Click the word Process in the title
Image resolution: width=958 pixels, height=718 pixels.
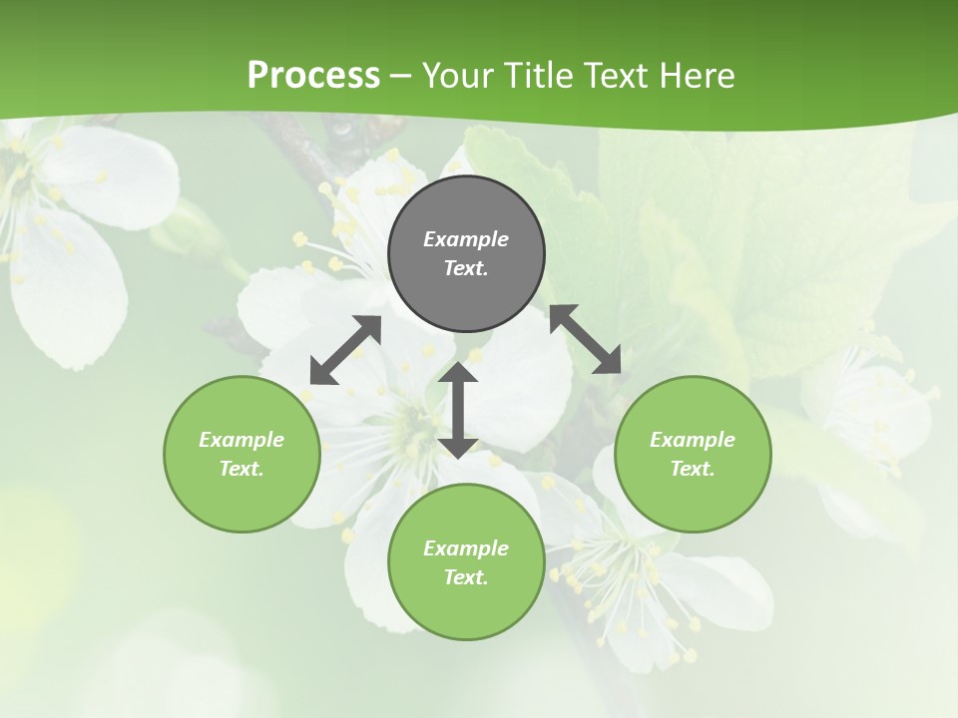pos(313,76)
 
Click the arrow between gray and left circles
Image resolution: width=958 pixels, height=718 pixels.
pos(345,350)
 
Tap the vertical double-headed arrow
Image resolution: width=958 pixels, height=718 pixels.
pos(458,410)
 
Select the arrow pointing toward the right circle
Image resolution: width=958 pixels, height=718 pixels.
pos(585,339)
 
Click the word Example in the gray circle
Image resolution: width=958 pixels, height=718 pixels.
pos(466,239)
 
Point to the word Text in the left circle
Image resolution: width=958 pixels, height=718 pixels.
pos(241,469)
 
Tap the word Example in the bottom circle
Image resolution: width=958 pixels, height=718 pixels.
pos(466,548)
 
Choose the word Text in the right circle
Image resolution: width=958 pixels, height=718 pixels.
pos(693,469)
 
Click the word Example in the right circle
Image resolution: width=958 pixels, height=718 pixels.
pos(693,440)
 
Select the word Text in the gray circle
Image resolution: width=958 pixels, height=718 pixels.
pos(466,268)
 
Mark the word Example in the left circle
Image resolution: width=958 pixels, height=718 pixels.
pos(241,440)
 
